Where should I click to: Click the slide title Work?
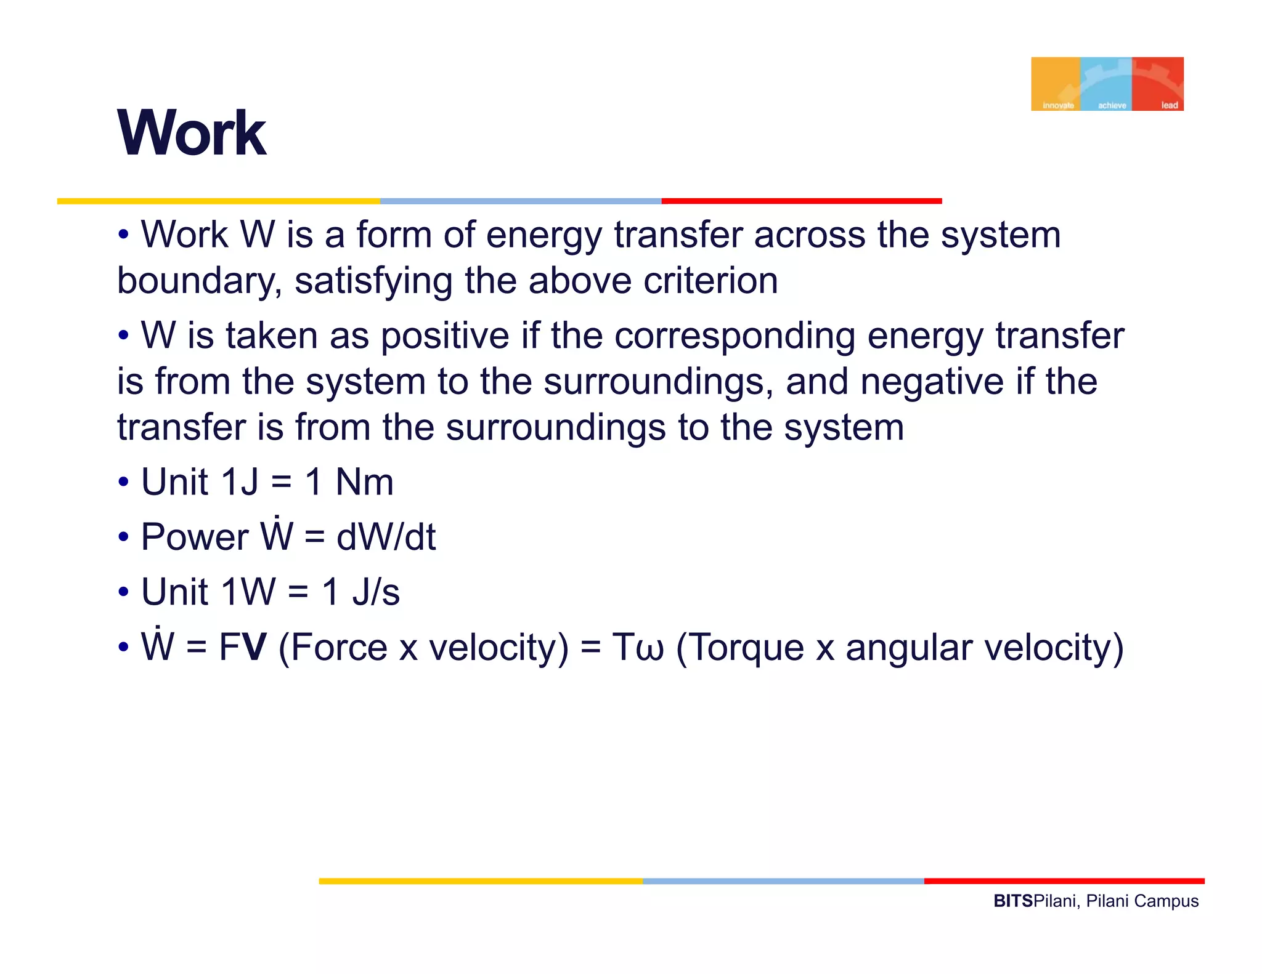(x=192, y=133)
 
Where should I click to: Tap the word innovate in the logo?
(x=1058, y=105)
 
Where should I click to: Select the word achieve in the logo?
(x=1112, y=105)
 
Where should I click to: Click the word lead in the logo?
(x=1169, y=105)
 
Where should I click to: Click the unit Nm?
(x=364, y=482)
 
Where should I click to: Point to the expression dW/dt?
(x=386, y=537)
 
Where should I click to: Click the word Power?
(x=195, y=537)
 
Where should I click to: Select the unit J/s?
(x=376, y=592)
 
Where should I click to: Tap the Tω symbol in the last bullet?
(x=638, y=648)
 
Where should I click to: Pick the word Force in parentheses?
(x=338, y=648)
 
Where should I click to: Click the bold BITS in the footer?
(x=1012, y=901)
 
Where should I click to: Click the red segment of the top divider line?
(x=801, y=201)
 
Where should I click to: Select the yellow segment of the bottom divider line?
(x=481, y=882)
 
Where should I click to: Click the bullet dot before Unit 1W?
(x=124, y=593)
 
